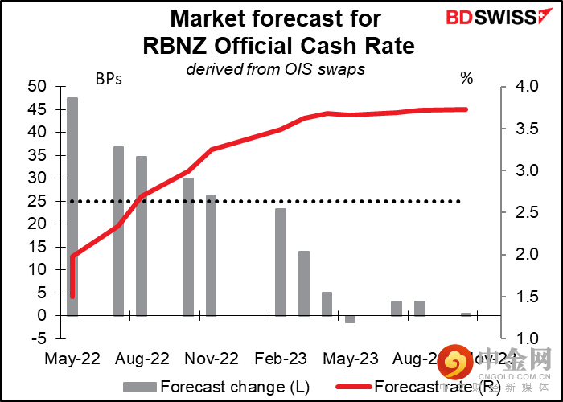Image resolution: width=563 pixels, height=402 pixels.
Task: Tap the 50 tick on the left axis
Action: coord(37,86)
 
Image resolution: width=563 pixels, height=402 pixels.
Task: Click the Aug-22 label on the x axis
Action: coord(144,359)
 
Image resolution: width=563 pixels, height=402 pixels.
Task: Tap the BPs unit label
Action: coord(109,78)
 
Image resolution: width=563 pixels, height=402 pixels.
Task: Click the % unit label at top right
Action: coord(466,78)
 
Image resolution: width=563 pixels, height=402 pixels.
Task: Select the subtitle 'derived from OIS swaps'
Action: coord(276,68)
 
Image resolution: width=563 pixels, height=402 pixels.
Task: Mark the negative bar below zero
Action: coord(350,319)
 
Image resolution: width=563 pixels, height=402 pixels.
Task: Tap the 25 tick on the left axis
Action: coord(37,201)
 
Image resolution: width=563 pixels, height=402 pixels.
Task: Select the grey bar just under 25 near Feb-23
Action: coord(281,262)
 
